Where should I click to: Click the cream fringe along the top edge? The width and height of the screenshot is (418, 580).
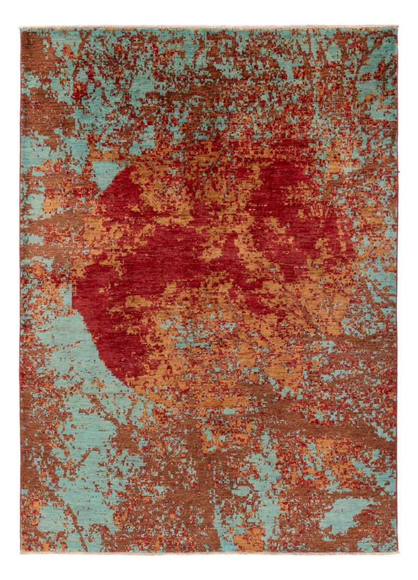point(209,26)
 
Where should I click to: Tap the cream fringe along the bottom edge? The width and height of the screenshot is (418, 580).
point(209,552)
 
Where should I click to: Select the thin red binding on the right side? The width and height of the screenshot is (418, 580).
point(397,314)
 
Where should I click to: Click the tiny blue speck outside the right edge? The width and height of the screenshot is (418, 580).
point(399,170)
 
